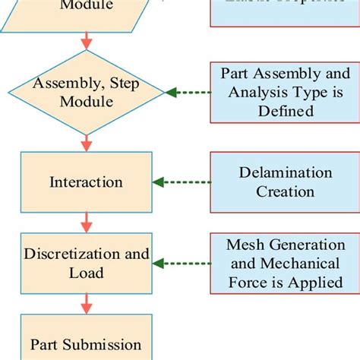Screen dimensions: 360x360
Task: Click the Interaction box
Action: (86, 182)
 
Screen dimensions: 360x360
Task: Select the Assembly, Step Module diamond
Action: (86, 93)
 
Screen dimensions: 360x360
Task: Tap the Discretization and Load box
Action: (86, 263)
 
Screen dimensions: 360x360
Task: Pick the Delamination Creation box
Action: (285, 182)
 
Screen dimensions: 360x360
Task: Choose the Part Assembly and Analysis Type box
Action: (285, 93)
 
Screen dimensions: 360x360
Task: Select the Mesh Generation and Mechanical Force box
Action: (285, 263)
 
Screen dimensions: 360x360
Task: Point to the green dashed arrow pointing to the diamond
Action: (188, 93)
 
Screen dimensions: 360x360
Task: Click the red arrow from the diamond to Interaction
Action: (87, 141)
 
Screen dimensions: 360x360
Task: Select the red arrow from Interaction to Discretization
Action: (87, 223)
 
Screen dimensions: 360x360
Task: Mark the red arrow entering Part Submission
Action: (87, 305)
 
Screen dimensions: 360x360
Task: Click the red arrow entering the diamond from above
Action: (87, 40)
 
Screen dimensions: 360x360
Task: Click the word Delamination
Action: (285, 173)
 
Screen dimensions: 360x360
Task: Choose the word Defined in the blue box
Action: (285, 111)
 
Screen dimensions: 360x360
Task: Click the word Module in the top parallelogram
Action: (87, 5)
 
